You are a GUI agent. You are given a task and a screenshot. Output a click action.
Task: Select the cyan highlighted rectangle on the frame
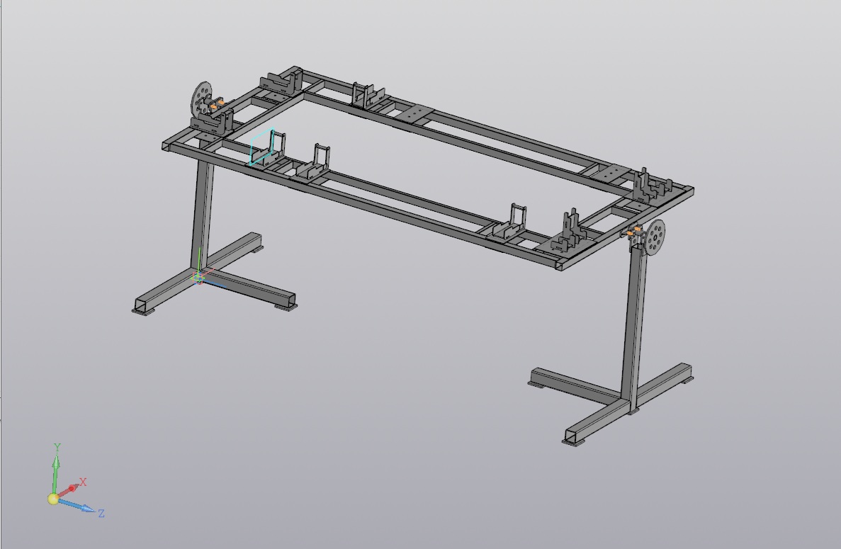tap(261, 147)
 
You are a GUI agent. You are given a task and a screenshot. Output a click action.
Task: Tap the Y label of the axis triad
tap(57, 446)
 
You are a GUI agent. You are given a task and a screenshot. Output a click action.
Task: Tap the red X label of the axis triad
tap(83, 482)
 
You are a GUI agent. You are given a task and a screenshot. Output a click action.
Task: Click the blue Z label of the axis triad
tap(101, 513)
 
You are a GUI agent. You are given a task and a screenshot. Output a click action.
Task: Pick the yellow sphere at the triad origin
tap(53, 499)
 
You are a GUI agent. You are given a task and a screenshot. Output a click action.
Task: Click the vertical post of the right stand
tap(635, 322)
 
